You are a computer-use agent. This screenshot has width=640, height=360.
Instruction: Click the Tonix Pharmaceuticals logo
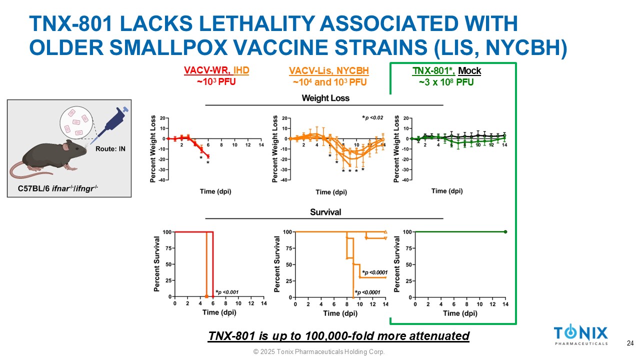tap(580, 335)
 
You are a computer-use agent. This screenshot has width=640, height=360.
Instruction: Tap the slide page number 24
tap(630, 343)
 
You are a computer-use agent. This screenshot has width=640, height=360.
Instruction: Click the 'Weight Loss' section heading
tap(325, 98)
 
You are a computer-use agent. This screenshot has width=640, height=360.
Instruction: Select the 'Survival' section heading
tap(325, 212)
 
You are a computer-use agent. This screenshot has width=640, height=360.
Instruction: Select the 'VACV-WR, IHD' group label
tap(216, 71)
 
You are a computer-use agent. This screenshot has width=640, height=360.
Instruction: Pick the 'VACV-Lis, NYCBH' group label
tap(325, 71)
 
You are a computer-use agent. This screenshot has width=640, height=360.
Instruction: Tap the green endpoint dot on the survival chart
tap(505, 232)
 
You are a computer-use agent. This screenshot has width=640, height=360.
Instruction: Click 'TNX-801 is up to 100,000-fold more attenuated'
tap(338, 336)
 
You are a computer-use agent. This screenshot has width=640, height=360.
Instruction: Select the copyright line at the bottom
tap(319, 352)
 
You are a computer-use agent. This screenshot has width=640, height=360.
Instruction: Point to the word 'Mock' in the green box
tap(469, 71)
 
